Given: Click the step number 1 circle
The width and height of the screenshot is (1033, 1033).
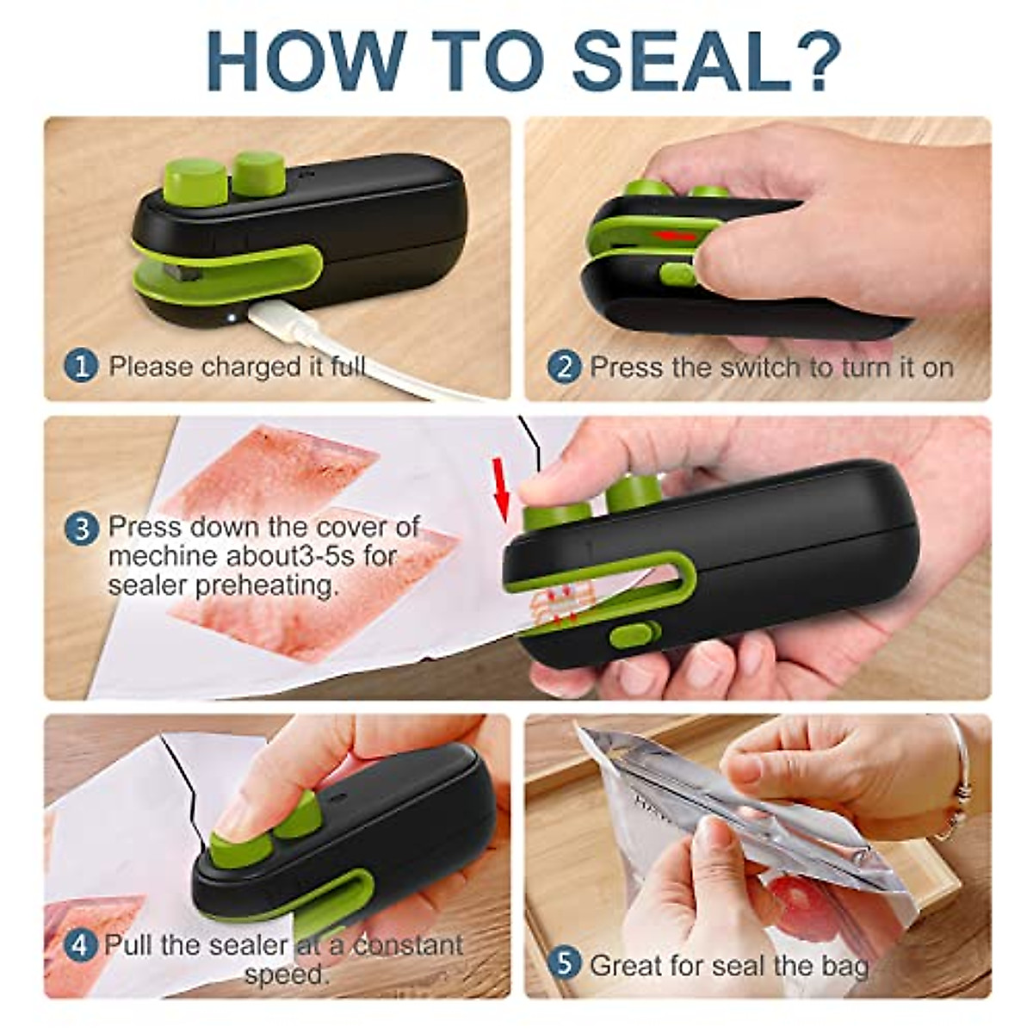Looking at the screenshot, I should click(x=81, y=367).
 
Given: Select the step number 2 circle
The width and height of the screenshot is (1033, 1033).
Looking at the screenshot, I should click(x=564, y=368).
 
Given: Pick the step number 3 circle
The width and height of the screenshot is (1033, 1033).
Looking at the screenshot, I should click(x=81, y=528).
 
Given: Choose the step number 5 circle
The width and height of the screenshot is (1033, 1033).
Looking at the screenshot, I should click(x=564, y=964).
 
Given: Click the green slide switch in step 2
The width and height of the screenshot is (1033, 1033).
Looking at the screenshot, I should click(x=677, y=275).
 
